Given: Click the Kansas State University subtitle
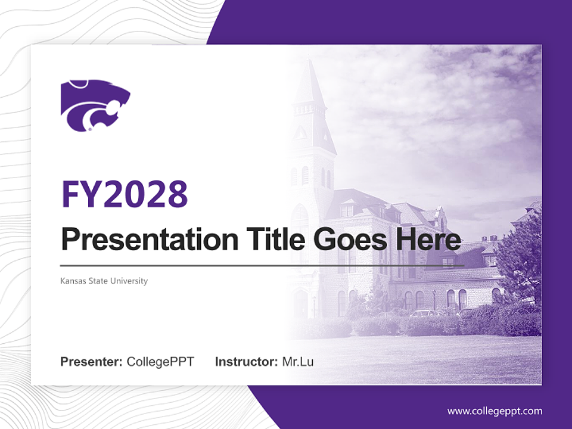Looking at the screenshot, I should [x=104, y=281].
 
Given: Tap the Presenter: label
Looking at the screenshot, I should [x=92, y=362].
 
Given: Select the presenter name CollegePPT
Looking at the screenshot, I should [x=160, y=362].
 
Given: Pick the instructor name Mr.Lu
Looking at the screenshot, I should [x=298, y=362].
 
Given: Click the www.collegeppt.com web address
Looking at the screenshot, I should [x=495, y=411].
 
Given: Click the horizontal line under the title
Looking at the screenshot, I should [x=262, y=265].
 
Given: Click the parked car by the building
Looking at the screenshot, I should [x=424, y=313].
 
